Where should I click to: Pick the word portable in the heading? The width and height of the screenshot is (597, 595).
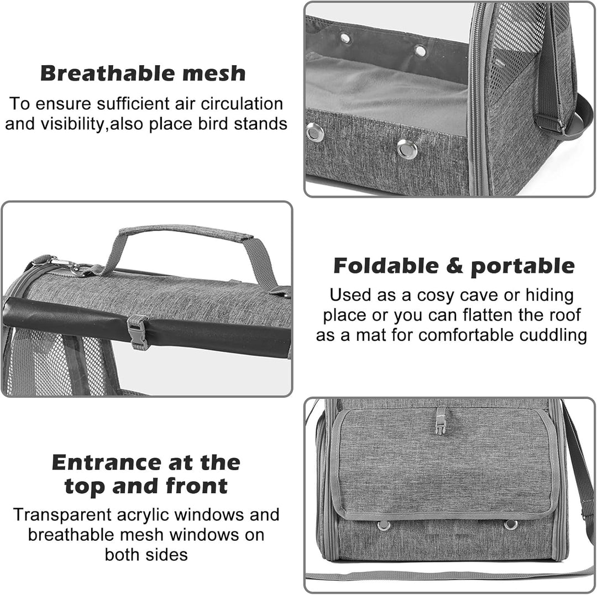(522, 266)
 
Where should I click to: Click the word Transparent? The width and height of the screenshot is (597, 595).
(62, 515)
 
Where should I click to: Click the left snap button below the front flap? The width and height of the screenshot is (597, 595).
(384, 525)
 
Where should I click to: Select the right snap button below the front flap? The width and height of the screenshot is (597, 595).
(511, 525)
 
